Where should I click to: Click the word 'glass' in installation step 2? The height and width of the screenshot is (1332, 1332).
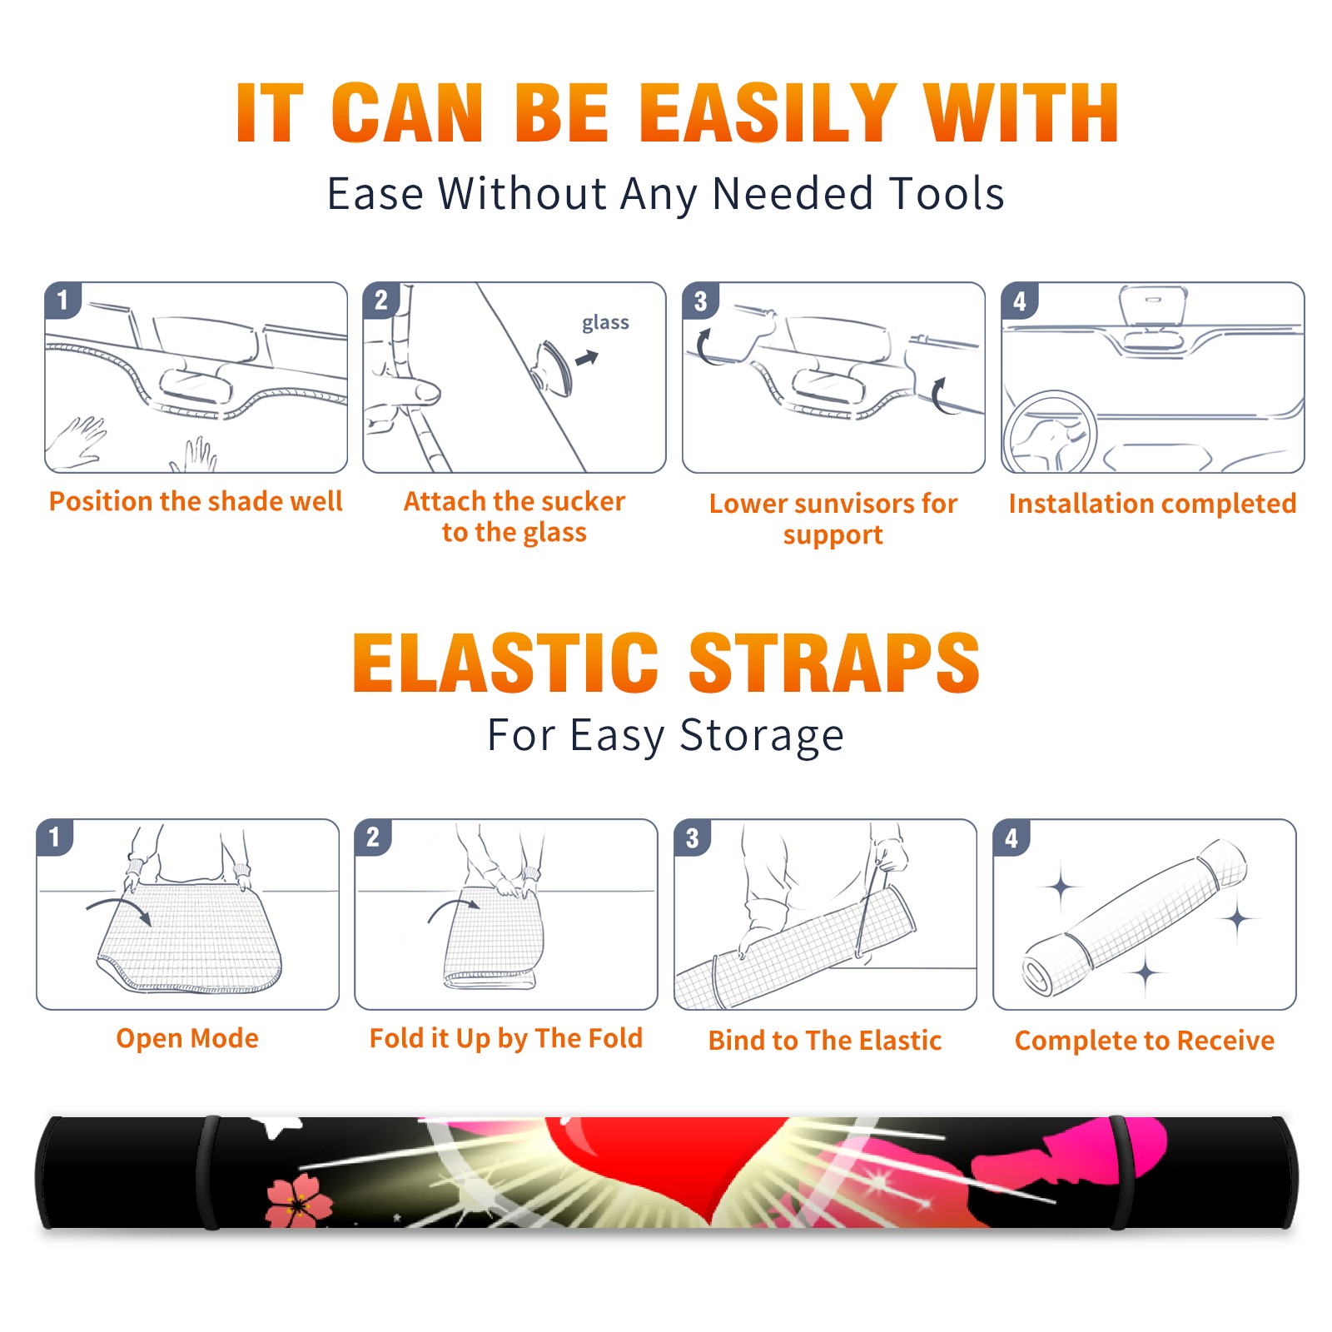(x=605, y=323)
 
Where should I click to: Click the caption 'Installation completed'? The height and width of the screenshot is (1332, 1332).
(x=1152, y=503)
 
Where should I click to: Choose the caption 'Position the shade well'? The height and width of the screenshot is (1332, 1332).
(x=196, y=501)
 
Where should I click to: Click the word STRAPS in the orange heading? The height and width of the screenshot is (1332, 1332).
(x=834, y=663)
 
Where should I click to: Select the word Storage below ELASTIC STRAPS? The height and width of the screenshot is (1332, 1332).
(x=762, y=736)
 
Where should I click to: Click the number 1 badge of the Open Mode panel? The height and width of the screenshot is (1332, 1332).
(x=55, y=837)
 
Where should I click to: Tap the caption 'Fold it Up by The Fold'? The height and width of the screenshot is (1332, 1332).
(x=506, y=1038)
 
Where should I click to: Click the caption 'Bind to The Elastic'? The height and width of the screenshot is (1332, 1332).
(x=825, y=1041)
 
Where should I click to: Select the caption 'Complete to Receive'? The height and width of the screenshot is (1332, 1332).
(x=1145, y=1041)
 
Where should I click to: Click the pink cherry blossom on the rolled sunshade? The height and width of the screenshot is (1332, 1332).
(x=298, y=1201)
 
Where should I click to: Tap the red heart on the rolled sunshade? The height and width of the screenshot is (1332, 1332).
(x=666, y=1165)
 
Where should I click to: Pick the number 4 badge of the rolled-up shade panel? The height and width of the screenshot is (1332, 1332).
(x=1011, y=837)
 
